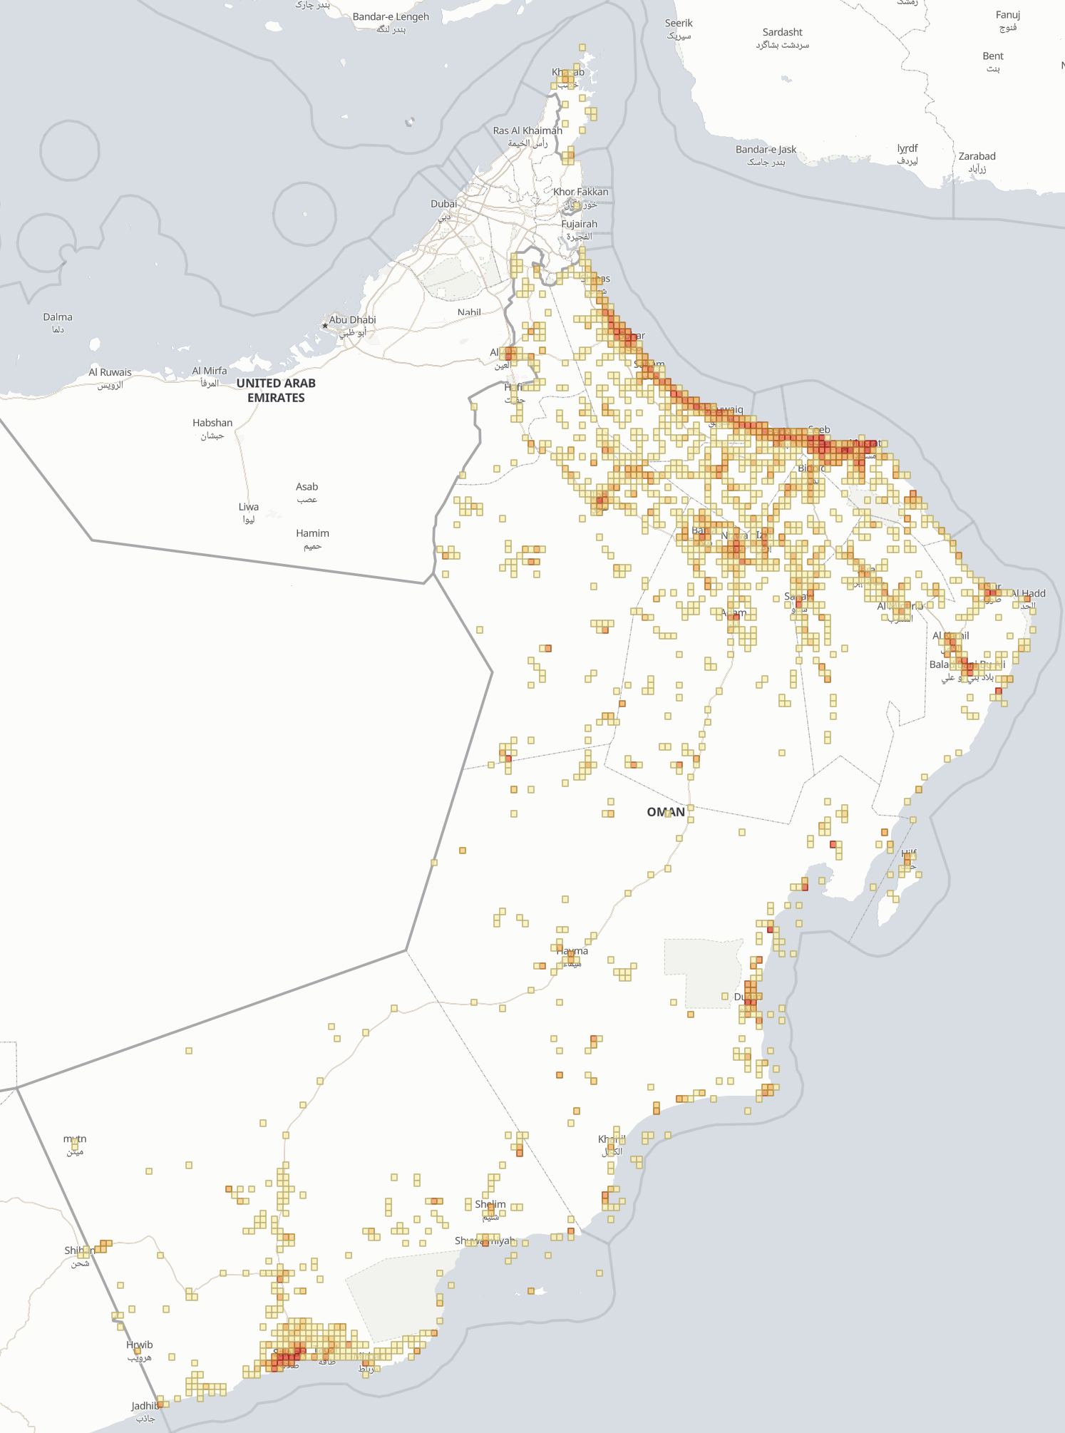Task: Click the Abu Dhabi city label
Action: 352,320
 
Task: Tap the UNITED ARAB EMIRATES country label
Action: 276,390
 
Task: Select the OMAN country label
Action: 665,812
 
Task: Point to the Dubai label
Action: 443,204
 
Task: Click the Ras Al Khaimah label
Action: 528,131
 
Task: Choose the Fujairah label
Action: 579,224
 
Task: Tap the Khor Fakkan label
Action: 580,192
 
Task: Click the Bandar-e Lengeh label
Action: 391,17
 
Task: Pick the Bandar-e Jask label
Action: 766,150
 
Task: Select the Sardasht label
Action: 782,32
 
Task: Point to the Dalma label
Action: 58,317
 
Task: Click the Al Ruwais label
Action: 110,372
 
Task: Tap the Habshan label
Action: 212,423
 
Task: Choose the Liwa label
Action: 249,507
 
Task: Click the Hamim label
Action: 312,533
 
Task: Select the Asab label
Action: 307,487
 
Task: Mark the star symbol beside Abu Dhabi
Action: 325,326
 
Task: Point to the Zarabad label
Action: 977,156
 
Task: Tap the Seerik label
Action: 679,24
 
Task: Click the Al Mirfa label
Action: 210,371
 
